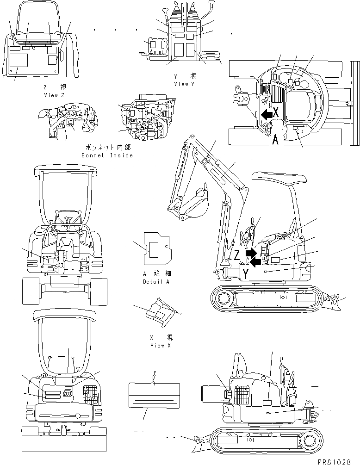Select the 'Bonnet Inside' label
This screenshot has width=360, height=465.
107,155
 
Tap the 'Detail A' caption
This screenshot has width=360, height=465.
156,281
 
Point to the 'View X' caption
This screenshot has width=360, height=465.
157,346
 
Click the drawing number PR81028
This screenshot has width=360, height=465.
337,461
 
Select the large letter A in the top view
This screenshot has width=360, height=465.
276,139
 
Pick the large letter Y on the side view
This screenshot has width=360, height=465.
246,274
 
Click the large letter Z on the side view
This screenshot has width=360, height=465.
237,255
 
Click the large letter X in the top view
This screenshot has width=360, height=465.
276,112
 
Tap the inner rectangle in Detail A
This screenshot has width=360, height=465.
154,248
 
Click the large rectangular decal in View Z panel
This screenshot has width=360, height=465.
20,60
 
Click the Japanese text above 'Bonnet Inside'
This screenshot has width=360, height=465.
107,147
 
